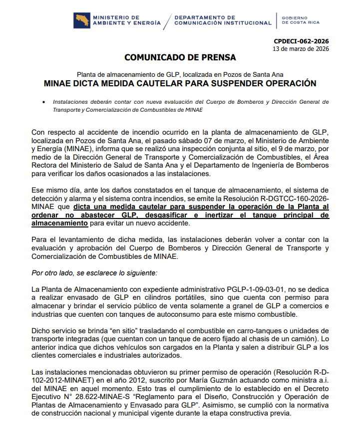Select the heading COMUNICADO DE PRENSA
[180, 57]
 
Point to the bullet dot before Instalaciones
[44, 102]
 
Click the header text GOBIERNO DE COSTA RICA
[301, 20]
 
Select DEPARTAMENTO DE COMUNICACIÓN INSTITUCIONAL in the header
[223, 20]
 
